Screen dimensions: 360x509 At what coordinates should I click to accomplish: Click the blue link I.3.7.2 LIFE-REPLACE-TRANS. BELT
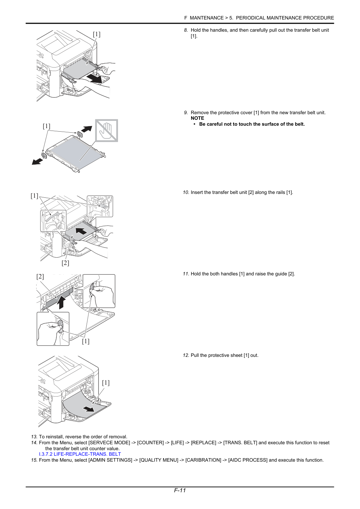80,454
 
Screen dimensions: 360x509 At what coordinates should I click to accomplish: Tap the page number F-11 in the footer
180,490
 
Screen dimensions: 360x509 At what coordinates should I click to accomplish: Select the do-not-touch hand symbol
107,131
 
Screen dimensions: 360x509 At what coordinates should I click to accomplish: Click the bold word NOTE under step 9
197,118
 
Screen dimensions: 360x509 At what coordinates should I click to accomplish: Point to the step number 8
186,30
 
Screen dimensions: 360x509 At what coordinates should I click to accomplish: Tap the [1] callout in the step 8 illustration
96,34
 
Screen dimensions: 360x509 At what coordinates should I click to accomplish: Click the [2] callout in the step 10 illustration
65,263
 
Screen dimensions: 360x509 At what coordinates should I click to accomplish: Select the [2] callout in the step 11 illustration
40,276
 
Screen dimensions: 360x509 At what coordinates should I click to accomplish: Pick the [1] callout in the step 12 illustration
106,383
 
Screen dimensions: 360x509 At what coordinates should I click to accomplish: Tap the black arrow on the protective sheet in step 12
89,409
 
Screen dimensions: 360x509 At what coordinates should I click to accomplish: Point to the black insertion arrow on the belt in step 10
81,231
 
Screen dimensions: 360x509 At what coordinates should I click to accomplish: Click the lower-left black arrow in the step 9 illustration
37,162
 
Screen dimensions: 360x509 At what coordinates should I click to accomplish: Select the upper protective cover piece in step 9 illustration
80,134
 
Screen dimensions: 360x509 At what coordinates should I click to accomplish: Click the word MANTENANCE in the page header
206,18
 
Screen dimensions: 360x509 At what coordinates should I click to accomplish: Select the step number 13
34,437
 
